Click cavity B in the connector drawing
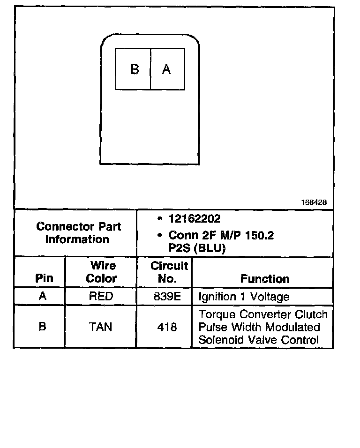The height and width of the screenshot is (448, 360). pos(135,69)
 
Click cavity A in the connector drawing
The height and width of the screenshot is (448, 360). pos(166,69)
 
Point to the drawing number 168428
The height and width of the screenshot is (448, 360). pos(314,202)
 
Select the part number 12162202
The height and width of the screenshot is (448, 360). pos(194,219)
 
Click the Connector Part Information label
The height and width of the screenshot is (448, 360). pos(78,233)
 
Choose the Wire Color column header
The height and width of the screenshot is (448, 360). pos(102,272)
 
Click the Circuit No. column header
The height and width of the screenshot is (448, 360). pos(169,272)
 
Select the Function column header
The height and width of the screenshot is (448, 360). pos(265,279)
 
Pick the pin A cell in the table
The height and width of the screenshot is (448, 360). pos(42,296)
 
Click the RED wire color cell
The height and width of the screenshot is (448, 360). pos(101,296)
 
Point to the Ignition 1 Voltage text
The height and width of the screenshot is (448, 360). pos(244,297)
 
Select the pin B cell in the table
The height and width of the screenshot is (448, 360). pos(42,326)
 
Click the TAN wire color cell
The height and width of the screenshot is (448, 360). pos(101,326)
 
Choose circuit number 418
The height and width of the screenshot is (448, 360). pos(167,327)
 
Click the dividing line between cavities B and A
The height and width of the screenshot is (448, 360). pos(150,69)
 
